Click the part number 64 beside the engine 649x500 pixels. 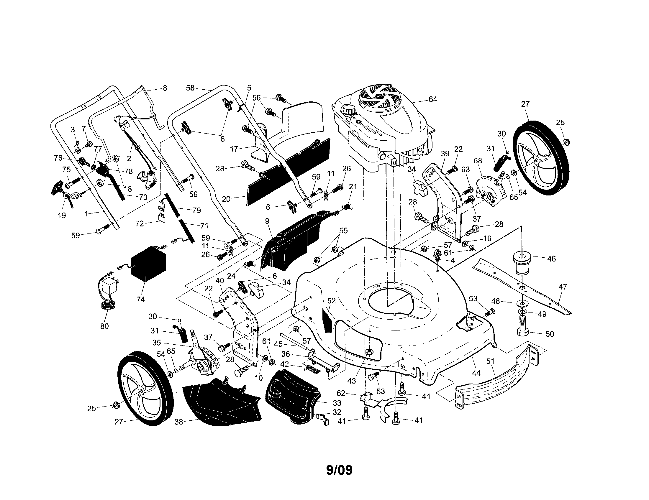click(433, 99)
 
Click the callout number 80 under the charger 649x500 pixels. click(105, 326)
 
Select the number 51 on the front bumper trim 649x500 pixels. click(490, 361)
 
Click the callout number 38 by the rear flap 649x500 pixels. click(178, 422)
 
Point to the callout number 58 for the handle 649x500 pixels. click(190, 88)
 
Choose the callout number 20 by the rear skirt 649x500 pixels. click(226, 199)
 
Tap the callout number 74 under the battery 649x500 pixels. click(140, 300)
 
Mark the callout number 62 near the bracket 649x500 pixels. click(341, 393)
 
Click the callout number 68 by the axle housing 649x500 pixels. click(478, 161)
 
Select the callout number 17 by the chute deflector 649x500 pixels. click(234, 149)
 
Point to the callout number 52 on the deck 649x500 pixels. click(331, 301)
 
